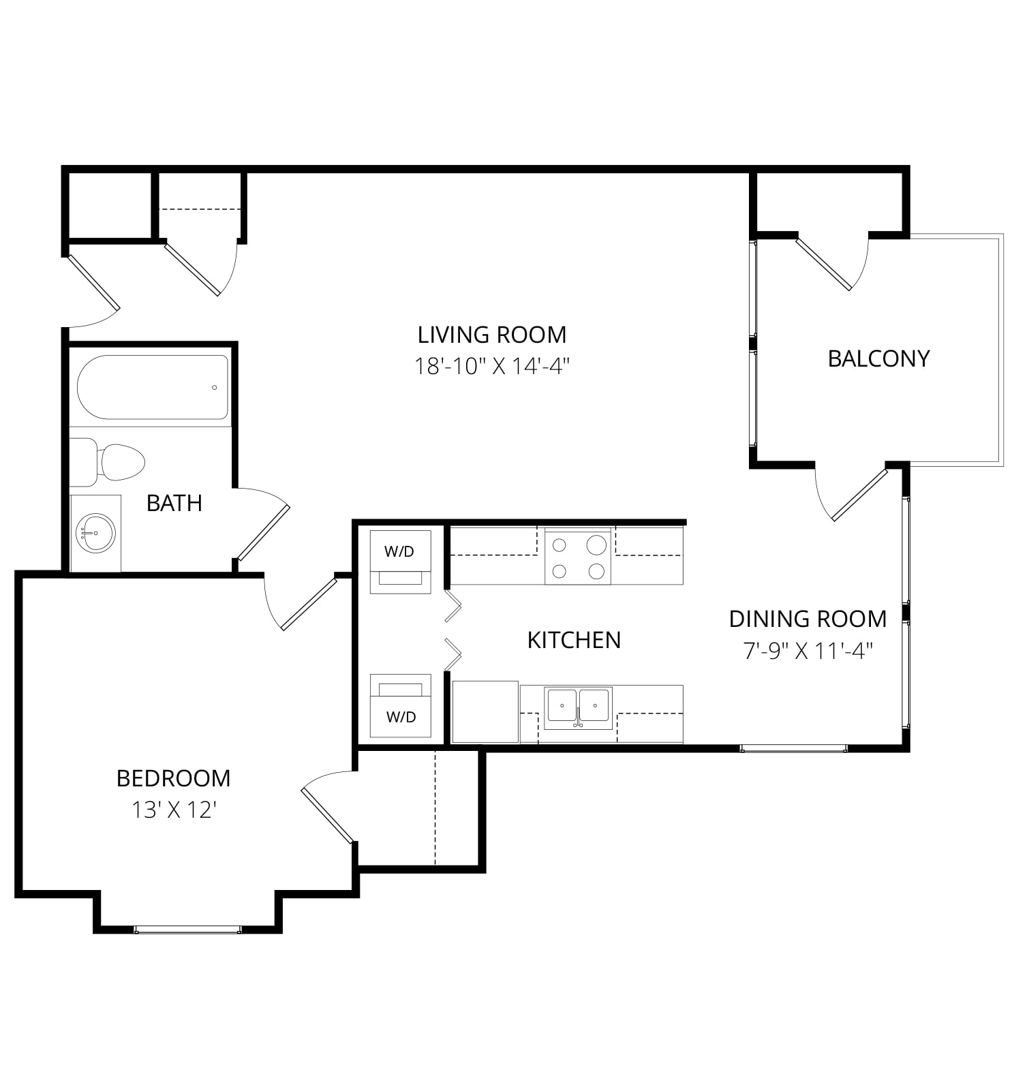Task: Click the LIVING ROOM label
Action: [491, 335]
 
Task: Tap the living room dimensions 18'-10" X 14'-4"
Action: [491, 367]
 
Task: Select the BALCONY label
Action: [878, 358]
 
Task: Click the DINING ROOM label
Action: [808, 619]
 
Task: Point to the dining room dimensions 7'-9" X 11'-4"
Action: [808, 651]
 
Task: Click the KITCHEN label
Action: [574, 640]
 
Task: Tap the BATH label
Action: [174, 503]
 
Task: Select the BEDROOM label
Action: [173, 778]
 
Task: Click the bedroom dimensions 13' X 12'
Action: [174, 810]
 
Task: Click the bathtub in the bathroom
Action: [153, 387]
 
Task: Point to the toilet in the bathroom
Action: [108, 462]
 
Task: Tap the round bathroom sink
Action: [95, 532]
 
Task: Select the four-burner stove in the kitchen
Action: [578, 555]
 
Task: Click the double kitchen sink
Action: [578, 707]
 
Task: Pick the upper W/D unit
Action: [400, 562]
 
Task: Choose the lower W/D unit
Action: [400, 705]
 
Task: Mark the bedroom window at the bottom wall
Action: [187, 929]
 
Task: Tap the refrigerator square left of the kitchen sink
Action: [485, 711]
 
